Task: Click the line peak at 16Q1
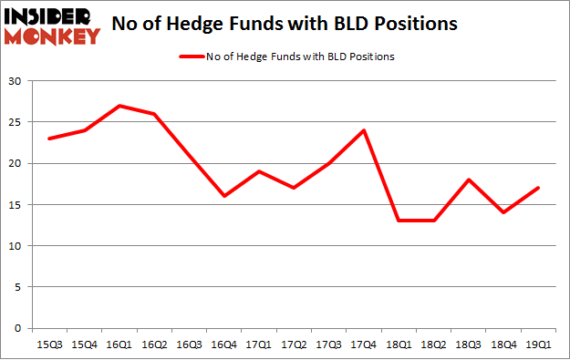tap(119, 106)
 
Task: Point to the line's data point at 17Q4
tap(364, 130)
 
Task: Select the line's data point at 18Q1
tap(399, 221)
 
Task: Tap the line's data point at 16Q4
tap(223, 196)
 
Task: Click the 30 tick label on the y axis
tap(16, 82)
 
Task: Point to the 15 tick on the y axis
tap(16, 205)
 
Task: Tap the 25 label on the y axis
tap(16, 123)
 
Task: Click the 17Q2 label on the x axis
tap(294, 345)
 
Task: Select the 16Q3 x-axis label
tap(189, 345)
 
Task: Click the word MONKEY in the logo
tap(52, 36)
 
